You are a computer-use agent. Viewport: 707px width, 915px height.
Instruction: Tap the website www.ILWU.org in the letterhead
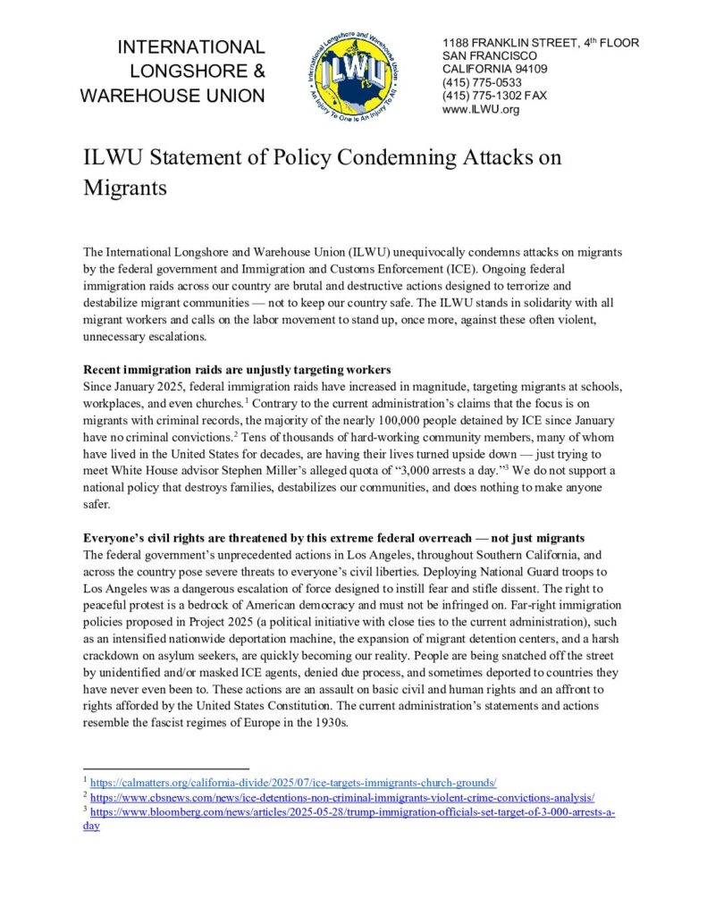(481, 109)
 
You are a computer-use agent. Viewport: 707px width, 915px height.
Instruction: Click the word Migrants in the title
(125, 189)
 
